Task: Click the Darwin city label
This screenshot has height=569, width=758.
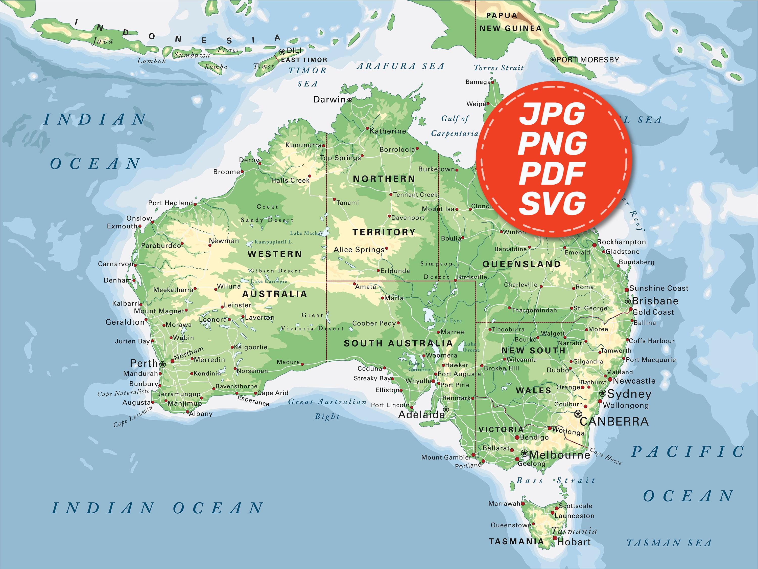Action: (329, 99)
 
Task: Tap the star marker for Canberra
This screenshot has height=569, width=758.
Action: (578, 414)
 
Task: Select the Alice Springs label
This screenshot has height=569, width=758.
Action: (359, 250)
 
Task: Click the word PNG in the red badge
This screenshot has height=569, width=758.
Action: (552, 143)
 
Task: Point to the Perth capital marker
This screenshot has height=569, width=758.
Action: (162, 364)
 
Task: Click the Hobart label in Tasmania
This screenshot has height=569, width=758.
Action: (574, 542)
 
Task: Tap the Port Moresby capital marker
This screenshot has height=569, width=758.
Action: (552, 60)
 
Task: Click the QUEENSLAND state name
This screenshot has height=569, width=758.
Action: (522, 264)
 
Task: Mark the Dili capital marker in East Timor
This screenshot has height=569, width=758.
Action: (282, 52)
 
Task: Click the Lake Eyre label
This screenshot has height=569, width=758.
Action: (448, 321)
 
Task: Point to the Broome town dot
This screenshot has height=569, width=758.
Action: (242, 171)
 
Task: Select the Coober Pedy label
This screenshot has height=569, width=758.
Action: (374, 323)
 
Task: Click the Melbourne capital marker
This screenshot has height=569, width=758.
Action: (524, 453)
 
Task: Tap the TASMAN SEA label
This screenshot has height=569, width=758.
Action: (669, 543)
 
